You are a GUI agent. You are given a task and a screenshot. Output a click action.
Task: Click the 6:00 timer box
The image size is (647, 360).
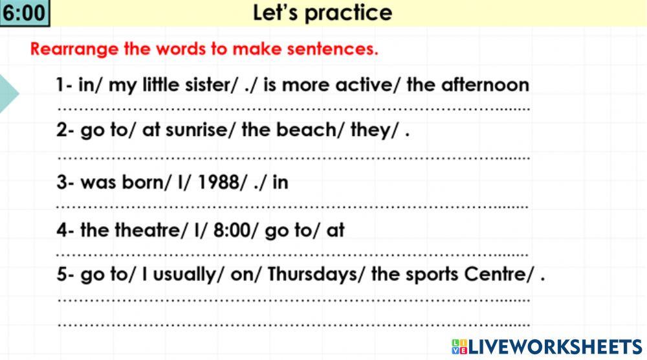25,14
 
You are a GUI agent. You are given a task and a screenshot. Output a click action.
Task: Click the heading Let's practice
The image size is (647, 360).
322,13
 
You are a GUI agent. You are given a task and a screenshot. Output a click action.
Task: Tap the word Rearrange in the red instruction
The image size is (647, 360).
74,49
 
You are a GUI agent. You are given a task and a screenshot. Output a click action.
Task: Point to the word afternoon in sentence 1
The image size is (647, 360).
485,85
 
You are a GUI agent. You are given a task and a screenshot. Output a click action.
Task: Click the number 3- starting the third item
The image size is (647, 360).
65,182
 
